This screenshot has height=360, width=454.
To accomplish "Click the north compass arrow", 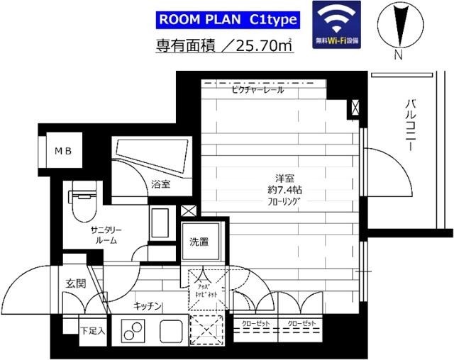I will [398, 24].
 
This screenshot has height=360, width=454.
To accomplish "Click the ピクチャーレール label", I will [257, 90].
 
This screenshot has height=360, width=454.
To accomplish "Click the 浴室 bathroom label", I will [160, 184].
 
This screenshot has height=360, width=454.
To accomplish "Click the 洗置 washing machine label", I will [199, 242].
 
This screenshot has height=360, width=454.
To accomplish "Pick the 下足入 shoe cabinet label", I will [92, 330].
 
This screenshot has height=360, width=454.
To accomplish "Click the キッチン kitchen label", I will [148, 306].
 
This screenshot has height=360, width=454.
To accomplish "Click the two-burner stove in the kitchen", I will [133, 330].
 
